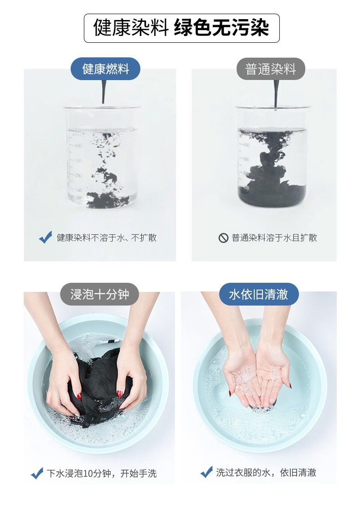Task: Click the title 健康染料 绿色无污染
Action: [x=181, y=28]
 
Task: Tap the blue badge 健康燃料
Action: [x=105, y=69]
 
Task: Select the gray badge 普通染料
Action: [x=271, y=69]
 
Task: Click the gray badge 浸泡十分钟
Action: [x=100, y=294]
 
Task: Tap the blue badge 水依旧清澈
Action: [x=259, y=294]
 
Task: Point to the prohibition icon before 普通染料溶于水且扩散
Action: [x=223, y=238]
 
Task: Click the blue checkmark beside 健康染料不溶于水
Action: [x=45, y=237]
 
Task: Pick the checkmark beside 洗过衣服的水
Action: [x=206, y=472]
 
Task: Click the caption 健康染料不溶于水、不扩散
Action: [x=107, y=238]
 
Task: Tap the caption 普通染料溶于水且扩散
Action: [x=274, y=238]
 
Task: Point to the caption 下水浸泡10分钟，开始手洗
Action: [x=102, y=473]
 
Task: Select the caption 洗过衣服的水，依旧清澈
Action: [x=266, y=473]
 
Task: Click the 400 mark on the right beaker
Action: [x=246, y=145]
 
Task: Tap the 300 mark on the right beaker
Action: [x=246, y=159]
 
